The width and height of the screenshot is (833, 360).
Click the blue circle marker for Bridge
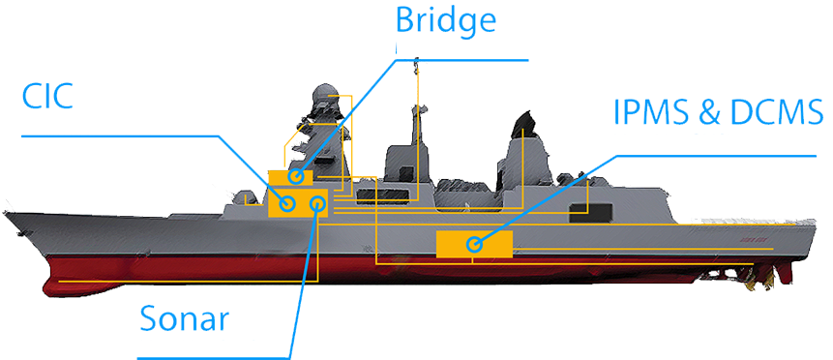click(x=295, y=177)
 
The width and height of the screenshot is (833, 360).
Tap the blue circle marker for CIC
click(x=286, y=203)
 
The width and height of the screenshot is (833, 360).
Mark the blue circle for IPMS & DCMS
click(x=474, y=245)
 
